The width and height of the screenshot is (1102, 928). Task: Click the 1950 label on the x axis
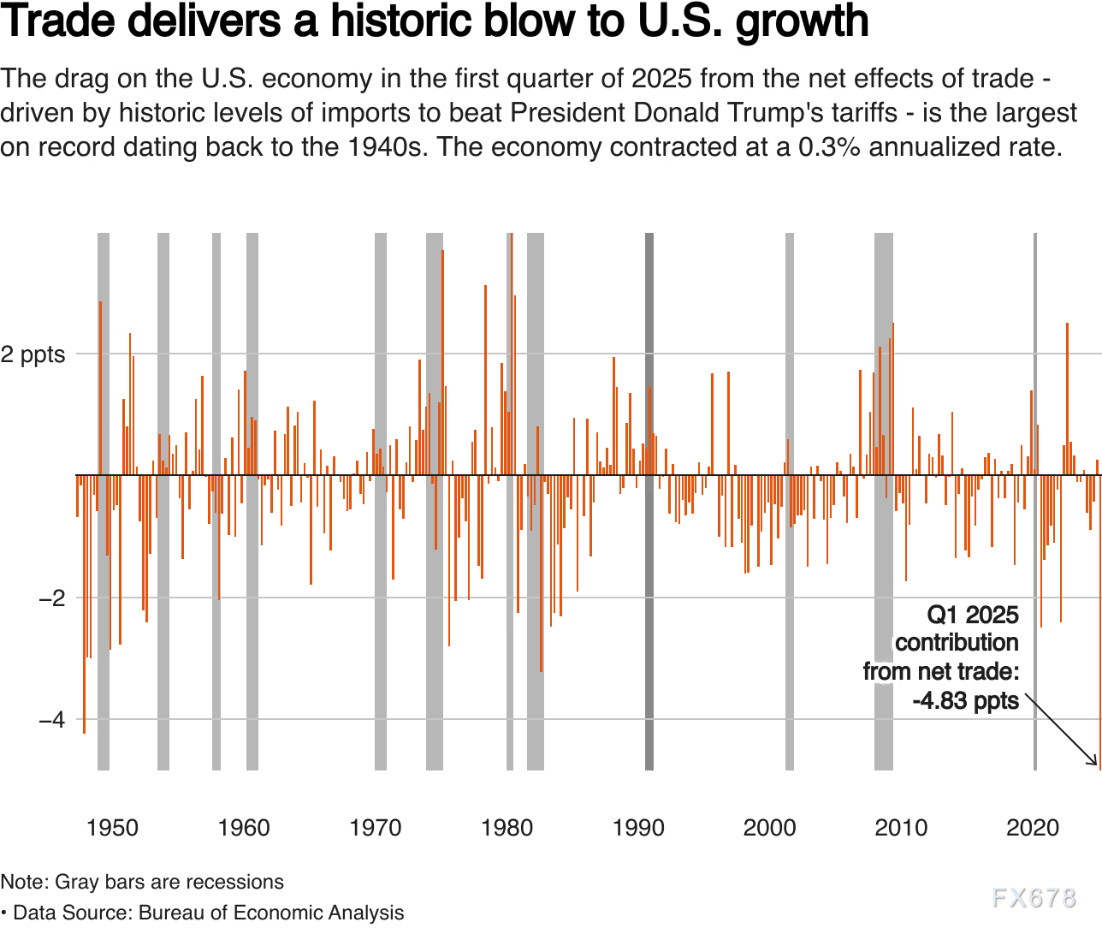click(112, 828)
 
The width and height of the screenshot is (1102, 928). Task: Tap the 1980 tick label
click(507, 828)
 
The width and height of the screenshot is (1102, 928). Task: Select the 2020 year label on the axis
click(1033, 828)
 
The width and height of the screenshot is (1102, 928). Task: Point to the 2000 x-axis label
click(769, 828)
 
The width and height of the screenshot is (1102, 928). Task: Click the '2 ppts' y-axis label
click(33, 354)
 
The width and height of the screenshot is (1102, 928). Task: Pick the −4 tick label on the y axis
click(51, 719)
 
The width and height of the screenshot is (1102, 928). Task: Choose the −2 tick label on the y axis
click(51, 598)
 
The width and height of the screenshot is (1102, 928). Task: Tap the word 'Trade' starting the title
click(56, 21)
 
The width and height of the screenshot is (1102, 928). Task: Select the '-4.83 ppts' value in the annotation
click(966, 701)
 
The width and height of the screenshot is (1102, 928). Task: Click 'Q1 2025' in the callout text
click(973, 615)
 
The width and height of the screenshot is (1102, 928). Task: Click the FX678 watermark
click(1034, 897)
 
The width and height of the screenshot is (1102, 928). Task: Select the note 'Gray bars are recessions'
click(169, 882)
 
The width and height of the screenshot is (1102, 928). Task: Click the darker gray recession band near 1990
click(649, 514)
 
